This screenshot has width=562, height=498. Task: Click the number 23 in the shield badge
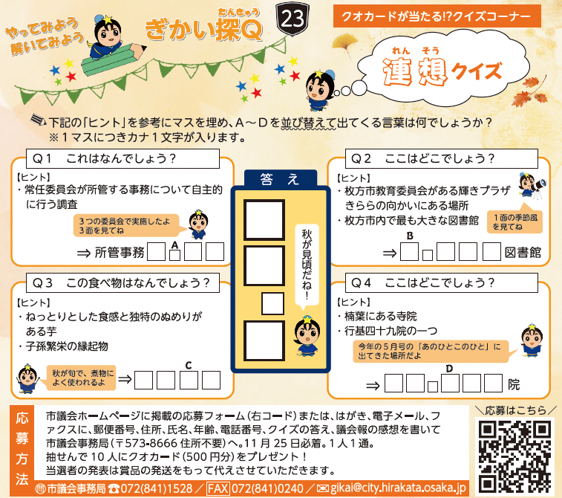click(293, 19)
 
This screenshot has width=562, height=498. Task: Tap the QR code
click(514, 456)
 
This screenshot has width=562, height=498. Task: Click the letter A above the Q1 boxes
click(174, 245)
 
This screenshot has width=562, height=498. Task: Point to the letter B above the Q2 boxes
click(410, 236)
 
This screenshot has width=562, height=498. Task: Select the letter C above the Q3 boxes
click(189, 365)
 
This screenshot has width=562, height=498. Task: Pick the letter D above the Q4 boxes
click(449, 369)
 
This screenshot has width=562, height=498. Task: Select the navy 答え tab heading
click(281, 178)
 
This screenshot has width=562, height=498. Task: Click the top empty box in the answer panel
click(264, 219)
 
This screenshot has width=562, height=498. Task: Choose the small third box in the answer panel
click(272, 303)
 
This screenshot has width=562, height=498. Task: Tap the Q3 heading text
click(120, 283)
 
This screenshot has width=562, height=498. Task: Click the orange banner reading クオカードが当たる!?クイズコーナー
click(437, 16)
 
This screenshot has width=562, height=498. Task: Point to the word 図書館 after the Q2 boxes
click(523, 253)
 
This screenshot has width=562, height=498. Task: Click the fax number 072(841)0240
click(267, 488)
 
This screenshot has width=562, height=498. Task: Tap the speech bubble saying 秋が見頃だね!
click(307, 266)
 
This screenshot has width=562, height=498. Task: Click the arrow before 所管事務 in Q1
click(84, 253)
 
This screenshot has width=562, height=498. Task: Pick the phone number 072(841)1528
click(156, 488)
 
